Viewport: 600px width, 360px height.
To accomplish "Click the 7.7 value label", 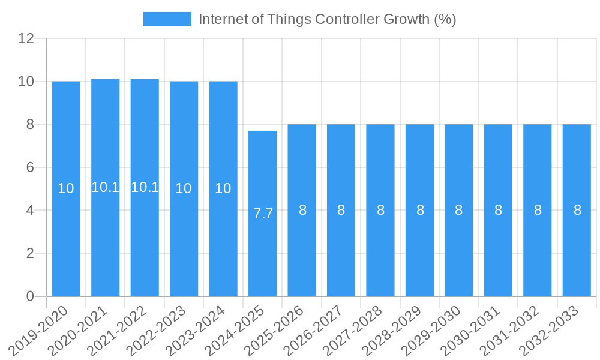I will (263, 214).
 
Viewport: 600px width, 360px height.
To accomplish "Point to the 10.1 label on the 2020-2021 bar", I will (105, 187).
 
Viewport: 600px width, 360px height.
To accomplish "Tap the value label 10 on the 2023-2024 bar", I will (223, 188).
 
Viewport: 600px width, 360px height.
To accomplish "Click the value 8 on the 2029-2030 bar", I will (459, 210).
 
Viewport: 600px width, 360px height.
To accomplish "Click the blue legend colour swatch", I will (167, 19).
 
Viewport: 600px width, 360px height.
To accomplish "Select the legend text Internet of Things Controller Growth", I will (327, 19).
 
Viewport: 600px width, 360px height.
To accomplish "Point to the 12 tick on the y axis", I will (26, 38).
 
